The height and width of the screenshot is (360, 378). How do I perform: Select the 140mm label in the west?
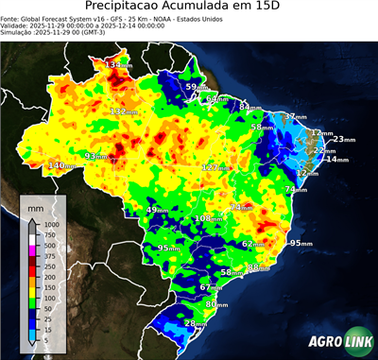tap(61, 166)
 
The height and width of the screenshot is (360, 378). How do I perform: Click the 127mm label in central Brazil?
tap(214, 167)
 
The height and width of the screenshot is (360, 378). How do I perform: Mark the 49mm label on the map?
tap(156, 210)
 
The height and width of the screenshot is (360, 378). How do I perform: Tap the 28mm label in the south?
tap(195, 324)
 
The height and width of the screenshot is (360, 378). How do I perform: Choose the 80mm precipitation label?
tap(216, 304)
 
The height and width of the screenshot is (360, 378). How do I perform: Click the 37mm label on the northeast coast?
tap(296, 116)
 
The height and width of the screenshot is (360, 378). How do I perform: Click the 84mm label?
tap(249, 108)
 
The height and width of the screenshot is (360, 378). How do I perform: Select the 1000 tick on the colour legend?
tap(49, 224)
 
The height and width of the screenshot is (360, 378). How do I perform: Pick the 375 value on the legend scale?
tap(47, 255)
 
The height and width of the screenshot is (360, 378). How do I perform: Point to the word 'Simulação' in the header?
tap(17, 32)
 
